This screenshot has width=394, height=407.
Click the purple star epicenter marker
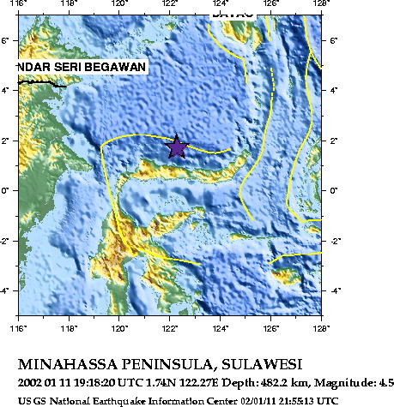tap(176, 147)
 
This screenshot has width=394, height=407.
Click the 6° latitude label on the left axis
tap(8, 39)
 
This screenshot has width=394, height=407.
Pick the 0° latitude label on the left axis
tap(8, 190)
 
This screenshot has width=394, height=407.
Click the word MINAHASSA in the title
tap(71, 363)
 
